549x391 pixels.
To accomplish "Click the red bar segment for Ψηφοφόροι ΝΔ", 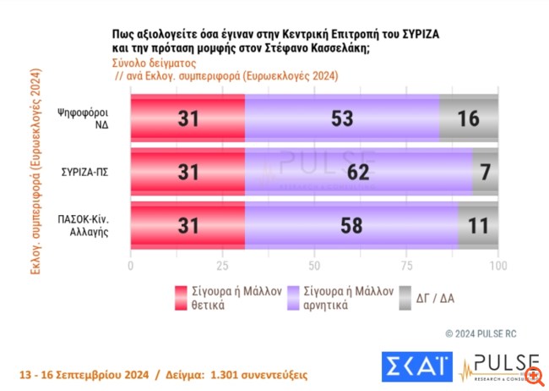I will [x=188, y=118].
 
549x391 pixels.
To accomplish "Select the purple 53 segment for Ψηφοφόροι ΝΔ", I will [x=341, y=118].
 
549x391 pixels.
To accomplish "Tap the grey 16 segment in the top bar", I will [x=469, y=118].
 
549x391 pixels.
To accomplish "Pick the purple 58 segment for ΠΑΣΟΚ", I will [x=351, y=226].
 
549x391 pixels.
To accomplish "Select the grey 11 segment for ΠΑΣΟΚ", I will [x=478, y=226].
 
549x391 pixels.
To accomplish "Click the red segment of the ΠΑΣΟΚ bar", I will [x=188, y=226].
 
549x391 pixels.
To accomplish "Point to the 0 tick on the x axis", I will [x=130, y=266].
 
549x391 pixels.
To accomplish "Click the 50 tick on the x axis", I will [x=314, y=266].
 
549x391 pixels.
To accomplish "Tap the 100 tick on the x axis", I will [x=498, y=266].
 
